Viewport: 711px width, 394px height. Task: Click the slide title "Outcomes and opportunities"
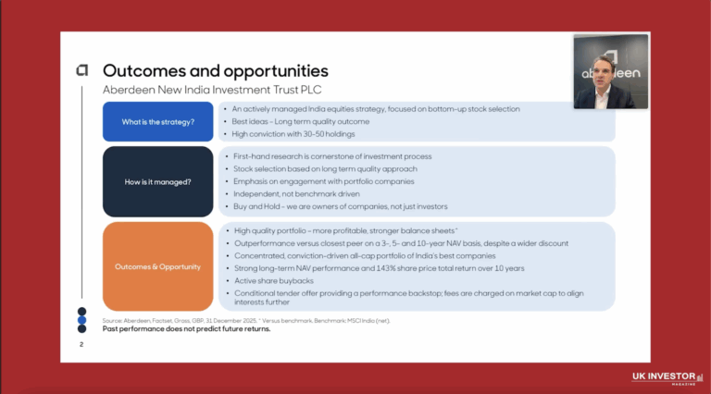click(215, 70)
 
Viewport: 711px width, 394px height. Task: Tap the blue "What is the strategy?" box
click(157, 121)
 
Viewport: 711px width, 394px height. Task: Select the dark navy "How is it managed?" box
click(157, 181)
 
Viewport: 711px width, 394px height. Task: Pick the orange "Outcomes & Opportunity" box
click(157, 266)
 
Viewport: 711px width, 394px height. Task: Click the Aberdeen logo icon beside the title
click(82, 70)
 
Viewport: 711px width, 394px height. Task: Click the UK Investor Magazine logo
click(663, 376)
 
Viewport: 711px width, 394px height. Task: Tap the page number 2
click(81, 344)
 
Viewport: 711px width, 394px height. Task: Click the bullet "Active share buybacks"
click(273, 281)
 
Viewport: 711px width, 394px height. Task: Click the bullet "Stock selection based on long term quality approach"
click(325, 168)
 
